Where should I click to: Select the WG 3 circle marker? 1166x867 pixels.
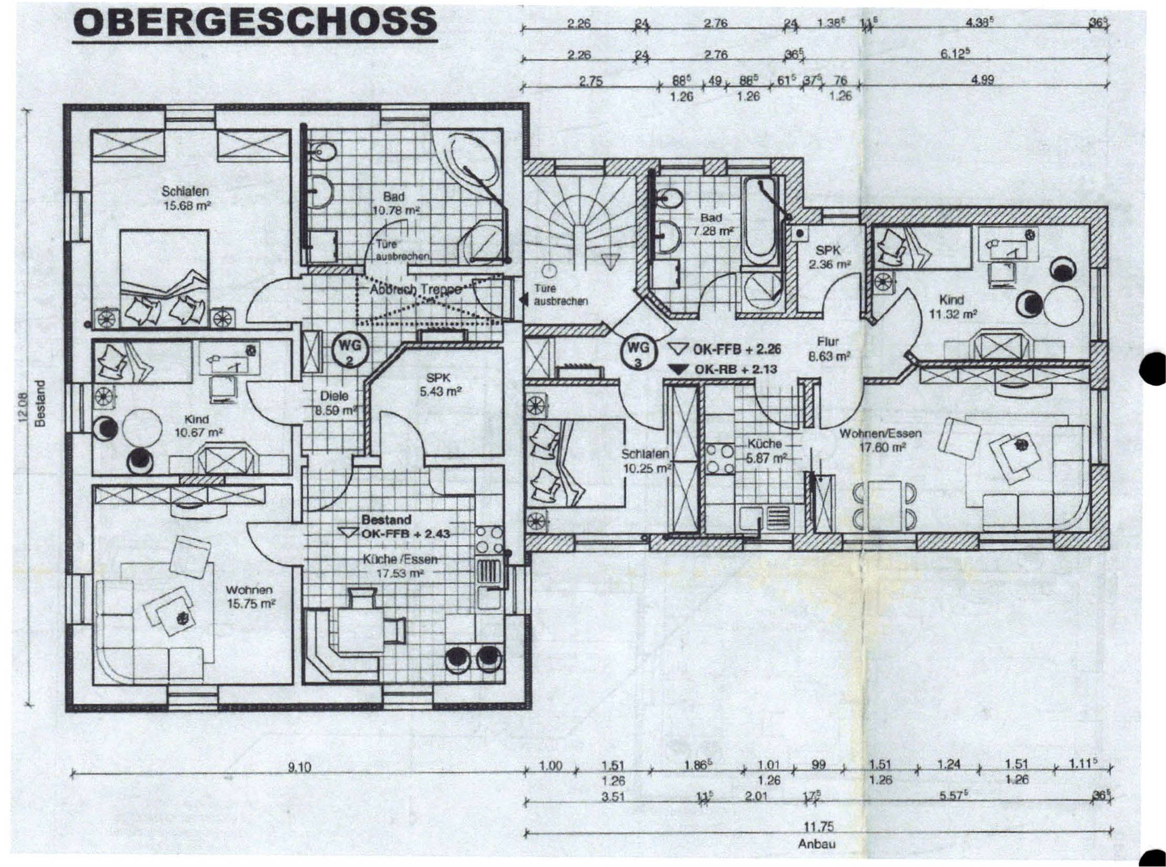[x=638, y=352]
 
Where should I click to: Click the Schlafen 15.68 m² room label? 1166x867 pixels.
[x=185, y=198]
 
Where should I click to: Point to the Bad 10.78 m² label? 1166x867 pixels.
[x=394, y=204]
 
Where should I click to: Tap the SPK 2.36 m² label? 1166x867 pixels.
[x=829, y=258]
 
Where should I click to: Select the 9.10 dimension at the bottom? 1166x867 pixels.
[x=299, y=768]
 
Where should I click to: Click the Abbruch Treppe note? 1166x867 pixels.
[x=415, y=289]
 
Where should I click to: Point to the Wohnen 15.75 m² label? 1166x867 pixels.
[x=250, y=597]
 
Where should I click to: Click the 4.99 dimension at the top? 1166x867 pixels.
[x=982, y=80]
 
